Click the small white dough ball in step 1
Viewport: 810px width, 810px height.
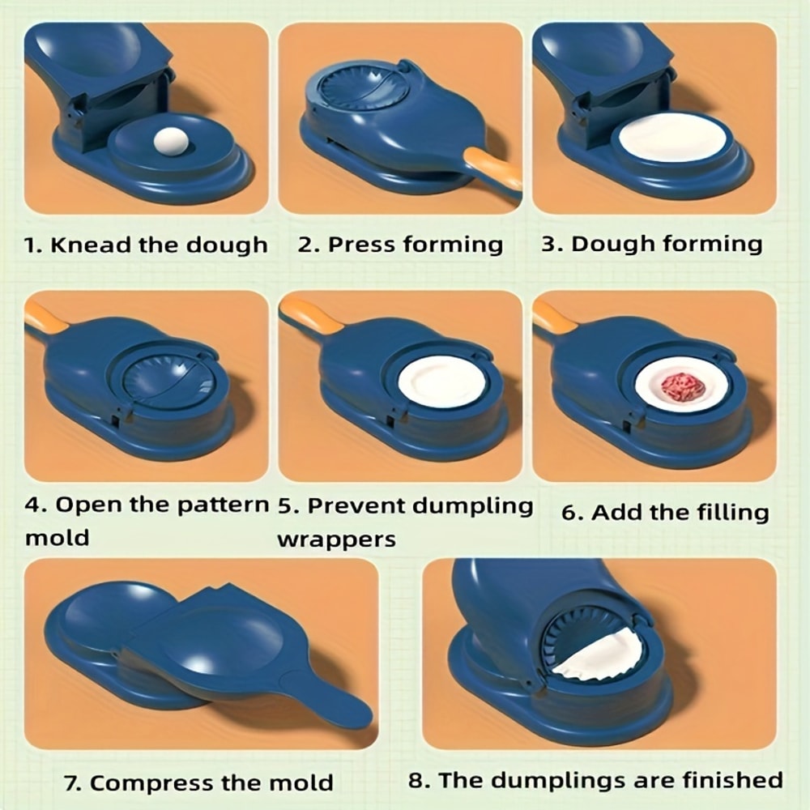click(x=171, y=142)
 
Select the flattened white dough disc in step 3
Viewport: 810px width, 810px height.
click(x=672, y=137)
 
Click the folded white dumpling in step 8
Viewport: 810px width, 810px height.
click(x=603, y=656)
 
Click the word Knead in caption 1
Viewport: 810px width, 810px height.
click(x=90, y=245)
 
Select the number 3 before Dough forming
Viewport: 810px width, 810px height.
click(x=550, y=245)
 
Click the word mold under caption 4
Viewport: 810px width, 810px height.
click(x=58, y=538)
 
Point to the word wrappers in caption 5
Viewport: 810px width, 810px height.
click(x=336, y=539)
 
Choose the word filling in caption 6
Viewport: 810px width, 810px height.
click(x=725, y=513)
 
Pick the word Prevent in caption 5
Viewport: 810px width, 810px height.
click(x=356, y=506)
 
